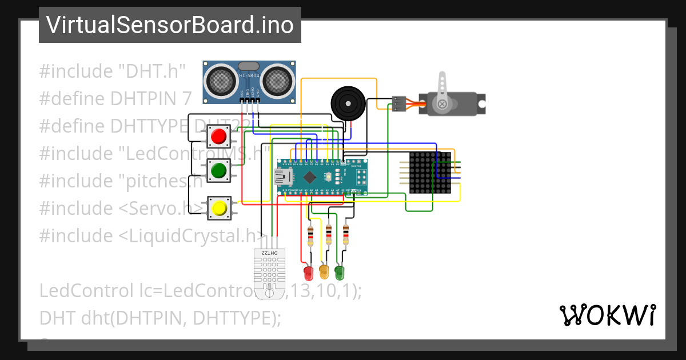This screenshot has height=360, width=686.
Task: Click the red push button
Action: pyautogui.click(x=218, y=137)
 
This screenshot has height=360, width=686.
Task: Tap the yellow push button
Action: pyautogui.click(x=218, y=208)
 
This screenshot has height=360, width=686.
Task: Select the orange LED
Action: pyautogui.click(x=324, y=271)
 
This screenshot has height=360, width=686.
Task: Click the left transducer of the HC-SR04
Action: pyautogui.click(x=220, y=79)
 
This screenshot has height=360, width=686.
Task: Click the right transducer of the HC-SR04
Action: pyautogui.click(x=278, y=79)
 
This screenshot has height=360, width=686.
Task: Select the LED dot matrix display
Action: pyautogui.click(x=430, y=173)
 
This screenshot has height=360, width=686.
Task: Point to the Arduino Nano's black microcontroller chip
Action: pyautogui.click(x=309, y=177)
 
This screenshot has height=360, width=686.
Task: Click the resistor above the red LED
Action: pyautogui.click(x=310, y=235)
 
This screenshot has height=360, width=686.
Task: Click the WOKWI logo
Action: pyautogui.click(x=607, y=315)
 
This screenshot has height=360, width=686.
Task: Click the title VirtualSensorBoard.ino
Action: pyautogui.click(x=170, y=25)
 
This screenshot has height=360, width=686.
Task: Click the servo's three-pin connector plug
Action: pyautogui.click(x=399, y=103)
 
